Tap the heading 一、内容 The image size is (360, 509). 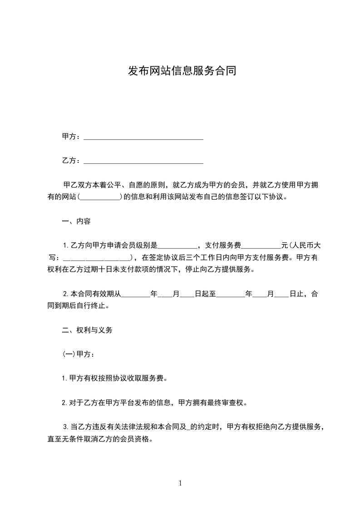tap(76, 222)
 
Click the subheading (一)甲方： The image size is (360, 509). tap(78, 354)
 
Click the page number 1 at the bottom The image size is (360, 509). tap(180, 483)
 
